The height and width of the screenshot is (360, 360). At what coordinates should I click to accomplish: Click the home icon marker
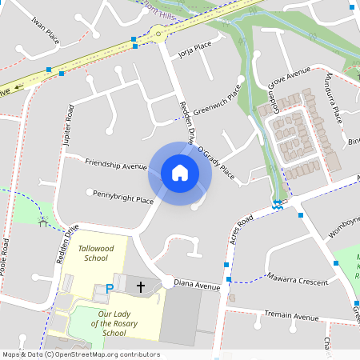click(x=180, y=172)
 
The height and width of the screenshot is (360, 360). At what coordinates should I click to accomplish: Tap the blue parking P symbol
click(x=110, y=288)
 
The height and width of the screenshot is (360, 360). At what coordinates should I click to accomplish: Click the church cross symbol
click(x=141, y=286)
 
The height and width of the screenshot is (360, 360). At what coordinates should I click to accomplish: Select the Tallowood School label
click(x=95, y=253)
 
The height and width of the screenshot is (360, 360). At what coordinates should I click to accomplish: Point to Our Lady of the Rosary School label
click(x=113, y=323)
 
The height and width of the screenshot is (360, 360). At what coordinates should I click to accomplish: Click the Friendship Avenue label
click(x=116, y=165)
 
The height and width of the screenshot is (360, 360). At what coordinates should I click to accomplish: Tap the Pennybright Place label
click(x=123, y=196)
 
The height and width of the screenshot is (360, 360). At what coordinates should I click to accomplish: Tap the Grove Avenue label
click(x=289, y=77)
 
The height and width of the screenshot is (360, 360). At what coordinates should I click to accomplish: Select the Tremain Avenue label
click(x=294, y=317)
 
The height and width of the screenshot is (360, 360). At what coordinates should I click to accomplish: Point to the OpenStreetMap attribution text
click(x=81, y=354)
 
